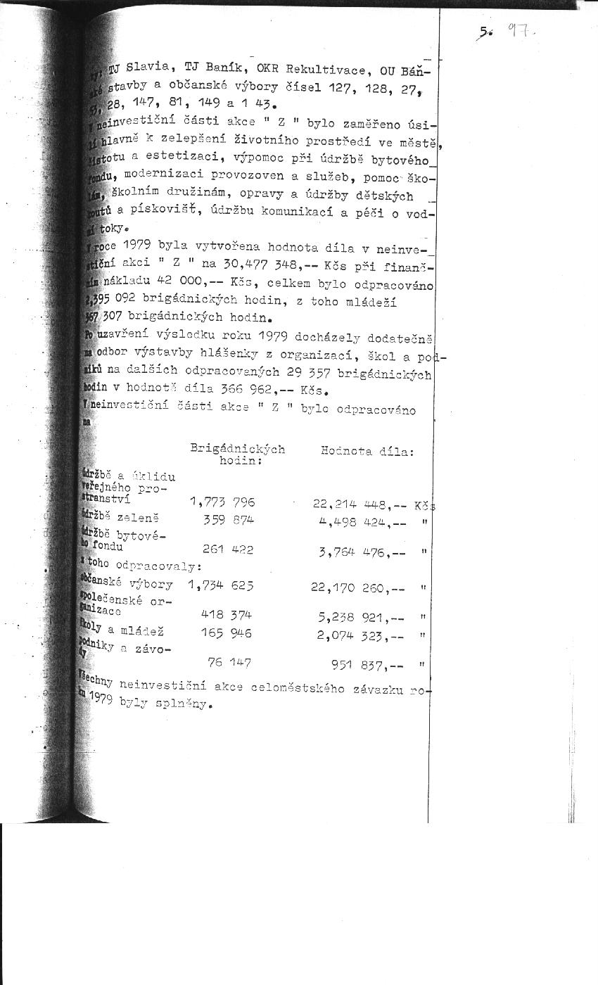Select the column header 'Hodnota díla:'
coord(367,451)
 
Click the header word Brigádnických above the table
coord(237,449)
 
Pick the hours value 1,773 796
coord(222,502)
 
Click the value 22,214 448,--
coord(360,504)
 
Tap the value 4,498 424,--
coord(362,522)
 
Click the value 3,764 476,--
coord(362,552)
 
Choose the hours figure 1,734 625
coord(221,585)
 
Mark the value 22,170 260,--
coord(358,587)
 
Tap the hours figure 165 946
coord(226,633)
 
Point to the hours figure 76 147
coord(229,662)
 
